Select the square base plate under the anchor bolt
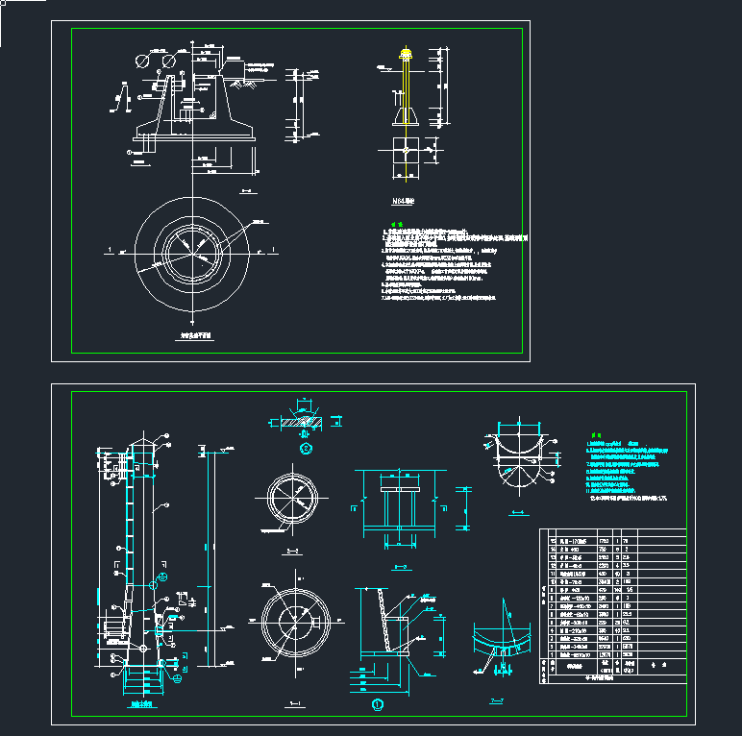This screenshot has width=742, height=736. (x=407, y=151)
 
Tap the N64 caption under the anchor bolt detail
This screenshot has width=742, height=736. (x=402, y=203)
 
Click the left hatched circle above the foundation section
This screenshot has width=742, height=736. (x=144, y=60)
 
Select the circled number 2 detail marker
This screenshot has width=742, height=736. (x=306, y=447)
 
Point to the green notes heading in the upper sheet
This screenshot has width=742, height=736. (x=394, y=226)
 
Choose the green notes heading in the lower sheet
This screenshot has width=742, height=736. (x=596, y=433)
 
